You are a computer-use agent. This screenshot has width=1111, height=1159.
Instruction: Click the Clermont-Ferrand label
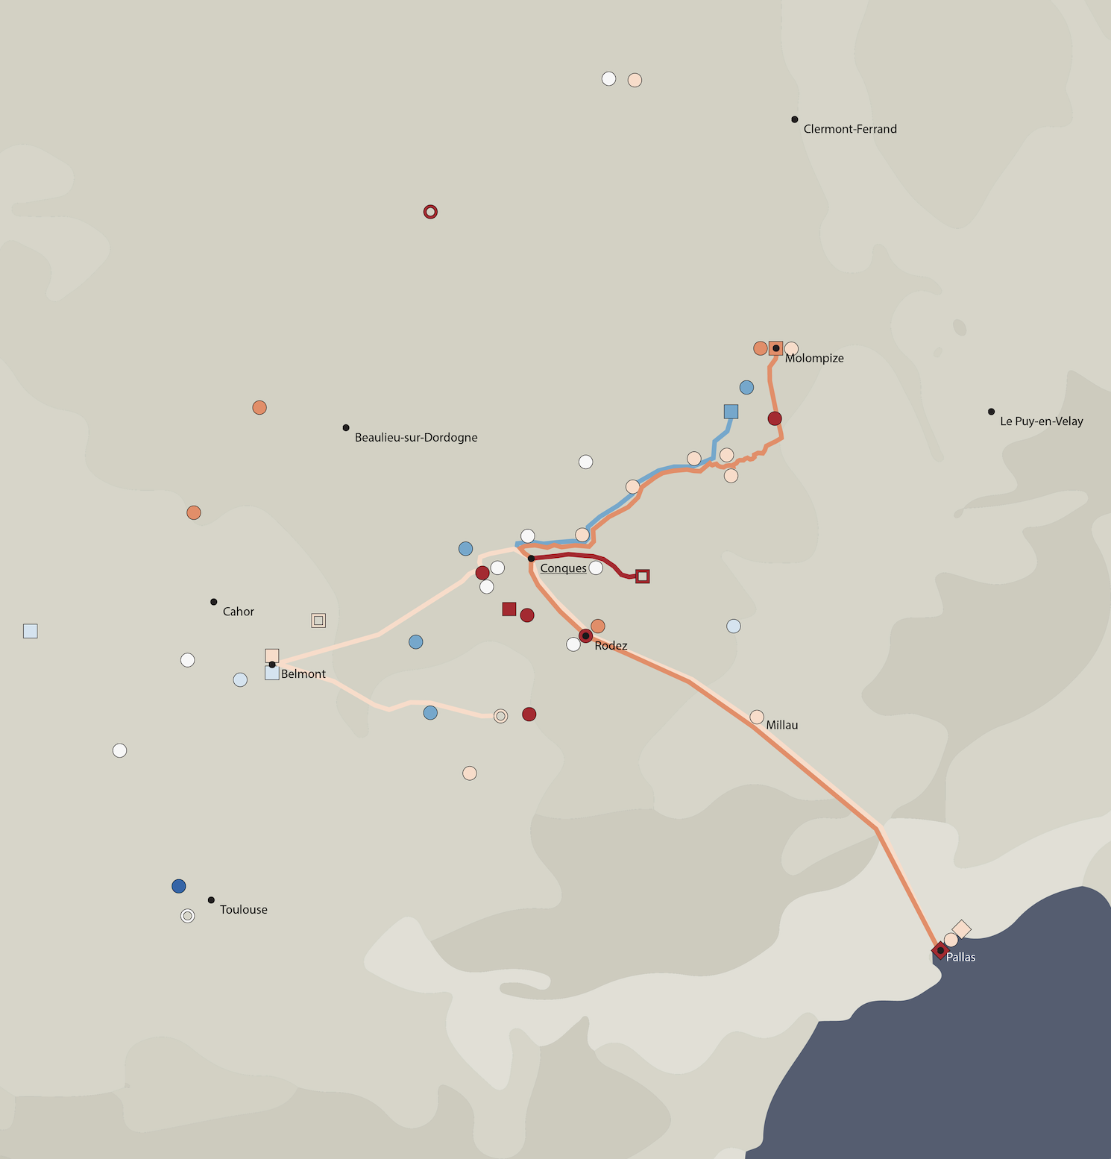[850, 129]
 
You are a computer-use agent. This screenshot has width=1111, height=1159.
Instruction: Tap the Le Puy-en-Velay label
[1041, 421]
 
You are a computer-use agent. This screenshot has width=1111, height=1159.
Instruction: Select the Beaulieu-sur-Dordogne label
[416, 438]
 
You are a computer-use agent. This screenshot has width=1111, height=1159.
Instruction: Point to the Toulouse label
[243, 910]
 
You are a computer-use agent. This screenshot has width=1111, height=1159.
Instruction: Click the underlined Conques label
[563, 568]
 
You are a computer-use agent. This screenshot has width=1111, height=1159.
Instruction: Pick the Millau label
[782, 725]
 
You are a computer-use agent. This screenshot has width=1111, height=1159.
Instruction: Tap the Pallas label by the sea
[960, 958]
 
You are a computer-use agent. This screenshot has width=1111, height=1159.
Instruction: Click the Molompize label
[814, 358]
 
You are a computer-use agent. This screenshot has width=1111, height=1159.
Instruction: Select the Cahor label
[239, 612]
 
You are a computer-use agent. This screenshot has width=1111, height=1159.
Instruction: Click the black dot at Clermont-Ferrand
[795, 119]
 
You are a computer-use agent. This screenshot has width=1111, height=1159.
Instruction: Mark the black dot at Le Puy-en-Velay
[991, 412]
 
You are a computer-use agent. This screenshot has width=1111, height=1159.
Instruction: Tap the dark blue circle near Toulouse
[179, 886]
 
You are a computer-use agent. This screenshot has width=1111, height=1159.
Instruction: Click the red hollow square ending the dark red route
[643, 576]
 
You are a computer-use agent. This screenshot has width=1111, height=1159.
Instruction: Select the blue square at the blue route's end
[731, 412]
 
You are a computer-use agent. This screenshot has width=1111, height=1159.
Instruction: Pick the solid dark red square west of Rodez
[509, 609]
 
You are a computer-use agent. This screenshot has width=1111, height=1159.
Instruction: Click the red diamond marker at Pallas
[940, 950]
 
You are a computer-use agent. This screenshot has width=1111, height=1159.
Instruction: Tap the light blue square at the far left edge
[31, 631]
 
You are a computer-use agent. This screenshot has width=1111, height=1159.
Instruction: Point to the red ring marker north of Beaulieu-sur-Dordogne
[430, 212]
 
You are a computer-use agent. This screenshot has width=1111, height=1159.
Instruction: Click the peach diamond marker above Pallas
[962, 929]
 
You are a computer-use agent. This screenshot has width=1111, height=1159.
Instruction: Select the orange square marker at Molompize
[776, 348]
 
